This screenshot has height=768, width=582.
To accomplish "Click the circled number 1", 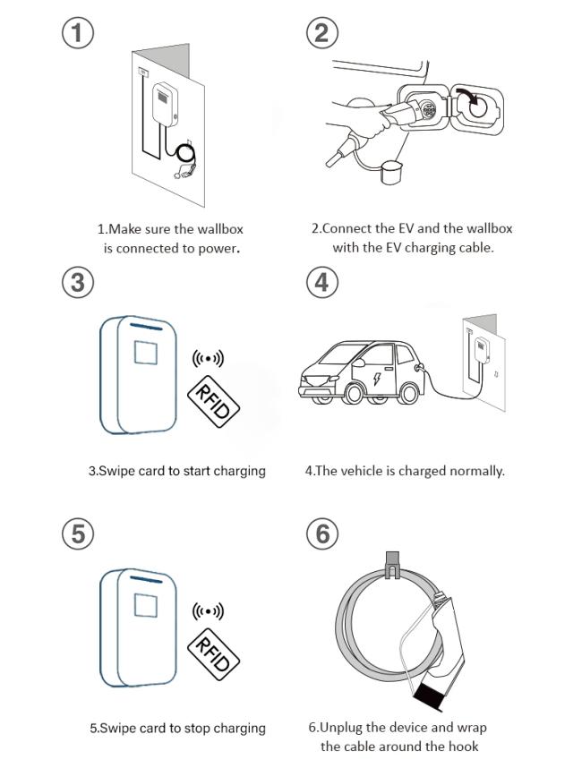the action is [77, 32].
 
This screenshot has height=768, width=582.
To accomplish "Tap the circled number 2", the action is [321, 32].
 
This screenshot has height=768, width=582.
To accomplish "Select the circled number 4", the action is [321, 282].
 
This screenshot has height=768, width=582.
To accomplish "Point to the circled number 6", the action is [321, 533].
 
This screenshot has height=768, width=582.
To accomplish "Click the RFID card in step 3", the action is [214, 401].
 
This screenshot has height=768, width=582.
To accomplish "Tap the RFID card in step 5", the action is [214, 654].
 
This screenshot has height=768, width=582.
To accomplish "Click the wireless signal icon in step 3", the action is [208, 359].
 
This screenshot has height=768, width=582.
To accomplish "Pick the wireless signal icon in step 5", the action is [208, 611].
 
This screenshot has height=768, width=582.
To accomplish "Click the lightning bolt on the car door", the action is [377, 378].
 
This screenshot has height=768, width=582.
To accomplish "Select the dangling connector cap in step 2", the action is [391, 172].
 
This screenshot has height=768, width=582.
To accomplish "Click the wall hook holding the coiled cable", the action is [392, 564].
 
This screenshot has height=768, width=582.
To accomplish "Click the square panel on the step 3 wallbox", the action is [146, 353].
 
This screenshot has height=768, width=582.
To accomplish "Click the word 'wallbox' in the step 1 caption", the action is [220, 229].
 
